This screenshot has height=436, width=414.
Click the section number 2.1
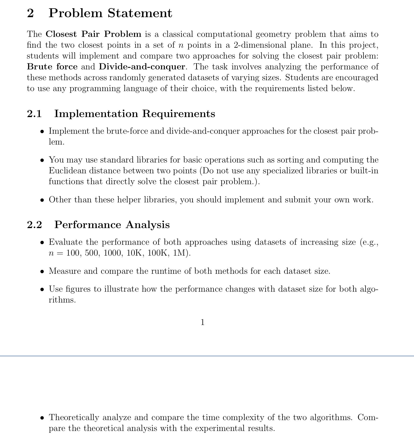(34, 114)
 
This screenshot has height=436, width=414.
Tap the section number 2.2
(34, 225)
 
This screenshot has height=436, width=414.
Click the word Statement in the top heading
(140, 13)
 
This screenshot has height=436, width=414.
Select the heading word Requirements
(178, 114)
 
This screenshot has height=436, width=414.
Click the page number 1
(202, 322)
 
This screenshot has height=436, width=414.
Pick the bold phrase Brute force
(52, 67)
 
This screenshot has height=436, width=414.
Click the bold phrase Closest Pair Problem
(93, 34)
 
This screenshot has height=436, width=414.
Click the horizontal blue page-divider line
(207, 356)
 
